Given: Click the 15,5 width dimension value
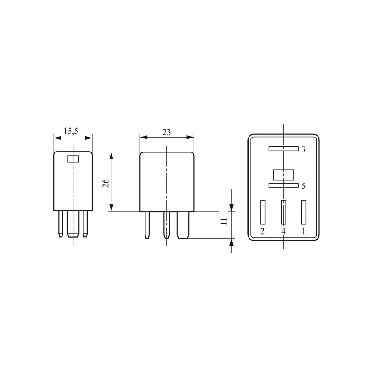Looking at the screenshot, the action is (x=71, y=131).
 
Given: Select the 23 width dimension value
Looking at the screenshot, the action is (x=166, y=132).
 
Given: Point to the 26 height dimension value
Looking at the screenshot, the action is (x=105, y=183).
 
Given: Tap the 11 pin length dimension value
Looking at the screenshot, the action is (x=224, y=221).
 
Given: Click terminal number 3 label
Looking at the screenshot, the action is (x=304, y=149).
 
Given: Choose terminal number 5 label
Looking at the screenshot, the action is (x=304, y=186).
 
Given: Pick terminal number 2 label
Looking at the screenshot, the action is (x=262, y=231).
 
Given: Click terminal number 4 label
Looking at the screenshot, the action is (x=283, y=231).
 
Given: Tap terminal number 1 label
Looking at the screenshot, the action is (x=304, y=231).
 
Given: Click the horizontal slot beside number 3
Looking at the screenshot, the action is (x=283, y=149).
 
